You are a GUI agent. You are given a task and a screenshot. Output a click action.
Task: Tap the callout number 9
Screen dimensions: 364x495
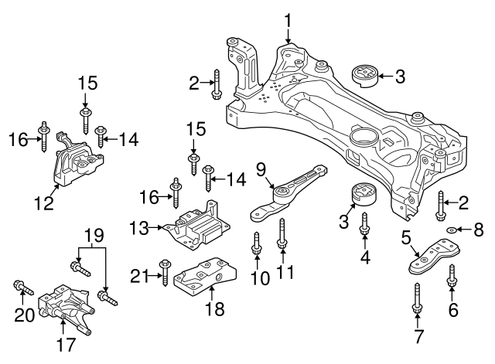click(x=261, y=168)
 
